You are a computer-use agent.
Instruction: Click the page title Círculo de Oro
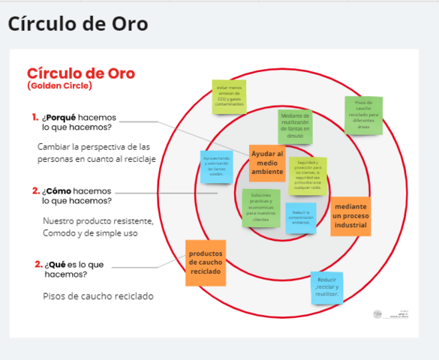pos(77,24)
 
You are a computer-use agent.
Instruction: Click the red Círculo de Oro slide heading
pos(80,73)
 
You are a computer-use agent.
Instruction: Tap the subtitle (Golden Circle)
pos(59,86)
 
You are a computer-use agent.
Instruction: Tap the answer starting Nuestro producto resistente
pos(98,227)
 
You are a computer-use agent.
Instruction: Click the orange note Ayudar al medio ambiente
pos(267,163)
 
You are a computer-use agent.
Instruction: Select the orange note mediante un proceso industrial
pos(350,216)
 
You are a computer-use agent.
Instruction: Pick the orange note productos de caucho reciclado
pos(205,262)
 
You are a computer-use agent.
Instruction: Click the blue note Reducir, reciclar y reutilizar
pos(327,287)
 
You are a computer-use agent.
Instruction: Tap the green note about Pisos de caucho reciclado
pos(363,115)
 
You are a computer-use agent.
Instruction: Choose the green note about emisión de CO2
pos(229,97)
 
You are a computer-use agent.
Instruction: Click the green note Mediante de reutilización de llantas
pos(295,126)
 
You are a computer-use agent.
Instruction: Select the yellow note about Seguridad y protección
pos(308,175)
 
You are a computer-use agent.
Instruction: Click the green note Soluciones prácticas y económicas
pos(260,207)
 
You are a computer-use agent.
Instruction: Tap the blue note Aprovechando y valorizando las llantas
pos(215,167)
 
